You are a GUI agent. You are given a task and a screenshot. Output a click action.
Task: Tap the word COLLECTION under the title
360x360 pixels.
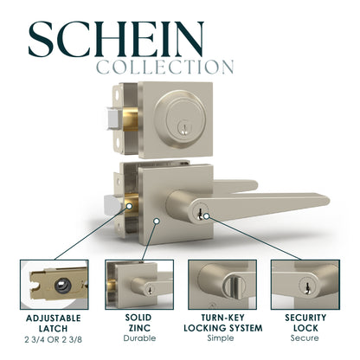click(164, 67)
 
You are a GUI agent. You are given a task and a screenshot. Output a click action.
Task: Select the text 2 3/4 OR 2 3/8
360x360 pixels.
click(54, 339)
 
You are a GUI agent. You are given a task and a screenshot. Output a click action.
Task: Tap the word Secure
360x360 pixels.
click(303, 339)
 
